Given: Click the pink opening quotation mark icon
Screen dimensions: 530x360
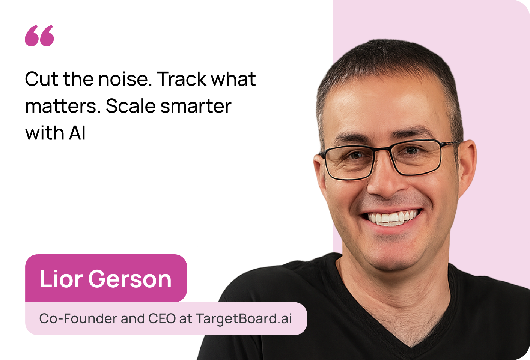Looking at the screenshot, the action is point(39,36).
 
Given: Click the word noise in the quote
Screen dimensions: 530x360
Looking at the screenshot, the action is point(125,79).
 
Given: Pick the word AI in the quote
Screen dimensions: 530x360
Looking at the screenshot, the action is point(77,133).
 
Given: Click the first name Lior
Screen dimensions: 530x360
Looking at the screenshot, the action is point(61,279).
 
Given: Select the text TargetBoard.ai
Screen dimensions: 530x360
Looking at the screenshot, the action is point(244,319).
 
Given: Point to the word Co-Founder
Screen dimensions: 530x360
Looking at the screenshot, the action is point(78,318).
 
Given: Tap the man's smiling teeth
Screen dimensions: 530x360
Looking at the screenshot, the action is point(391,218).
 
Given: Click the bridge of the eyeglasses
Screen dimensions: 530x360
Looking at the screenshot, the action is point(382,149).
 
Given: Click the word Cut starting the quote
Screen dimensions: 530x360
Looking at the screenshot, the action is point(41,79).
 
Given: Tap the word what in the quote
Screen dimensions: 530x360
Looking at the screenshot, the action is point(233,79).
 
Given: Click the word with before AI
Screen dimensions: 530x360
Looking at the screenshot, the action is point(45,133).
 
